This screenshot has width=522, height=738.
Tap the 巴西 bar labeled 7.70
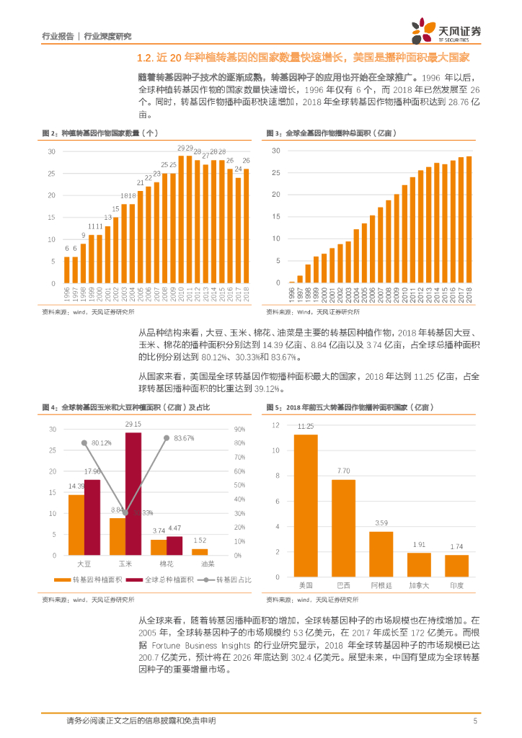[x=343, y=528]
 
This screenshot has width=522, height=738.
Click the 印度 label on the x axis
[x=456, y=585]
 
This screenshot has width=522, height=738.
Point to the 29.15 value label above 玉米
[x=133, y=424]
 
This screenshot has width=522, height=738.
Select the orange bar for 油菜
[x=200, y=551]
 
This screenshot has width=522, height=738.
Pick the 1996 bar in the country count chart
[x=67, y=270]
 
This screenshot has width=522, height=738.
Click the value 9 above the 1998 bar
[x=83, y=236]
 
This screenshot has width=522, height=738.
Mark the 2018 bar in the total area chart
[x=469, y=219]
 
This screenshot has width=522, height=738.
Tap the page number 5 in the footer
[x=475, y=721]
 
